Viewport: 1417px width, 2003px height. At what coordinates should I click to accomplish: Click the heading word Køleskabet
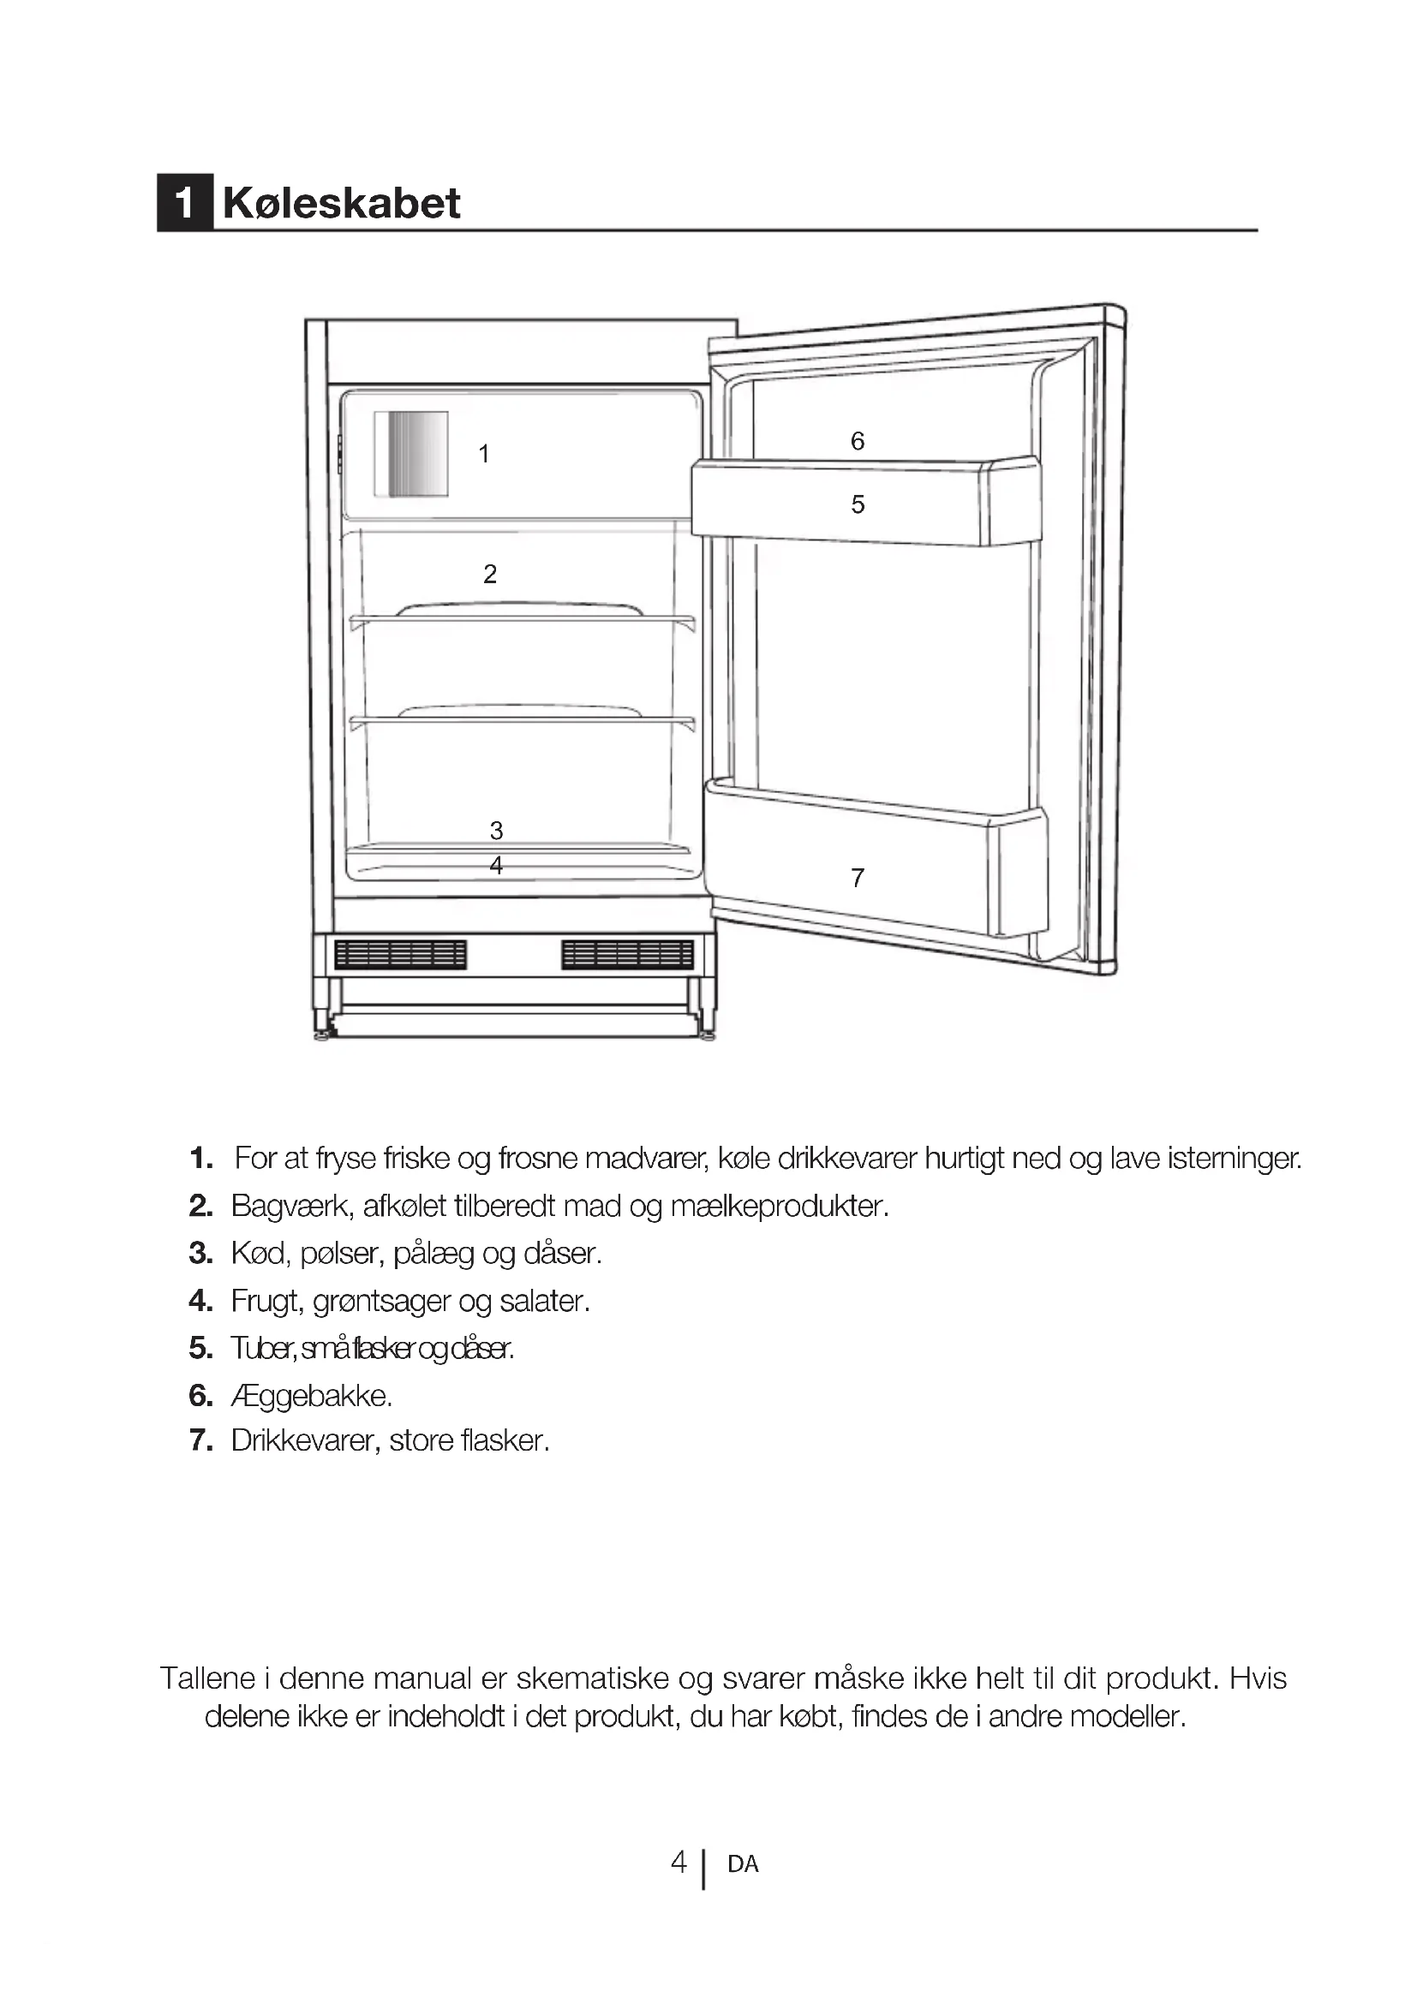tap(341, 203)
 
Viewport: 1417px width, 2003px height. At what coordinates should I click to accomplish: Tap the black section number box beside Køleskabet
tap(184, 203)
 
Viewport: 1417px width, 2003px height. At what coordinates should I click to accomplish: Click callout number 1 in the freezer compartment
tap(484, 454)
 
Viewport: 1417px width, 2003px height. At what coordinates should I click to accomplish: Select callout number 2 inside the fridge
tap(490, 574)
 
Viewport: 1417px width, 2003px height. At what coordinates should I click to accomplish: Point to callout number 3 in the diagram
tap(497, 830)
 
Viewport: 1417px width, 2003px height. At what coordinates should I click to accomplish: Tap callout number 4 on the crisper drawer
tap(497, 866)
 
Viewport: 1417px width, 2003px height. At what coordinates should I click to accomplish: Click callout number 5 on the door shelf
tap(858, 504)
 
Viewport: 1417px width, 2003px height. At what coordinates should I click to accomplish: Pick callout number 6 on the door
tap(858, 441)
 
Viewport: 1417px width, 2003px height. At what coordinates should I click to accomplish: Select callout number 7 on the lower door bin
tap(858, 878)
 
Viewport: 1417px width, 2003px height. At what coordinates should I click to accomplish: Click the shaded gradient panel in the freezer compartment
tap(411, 454)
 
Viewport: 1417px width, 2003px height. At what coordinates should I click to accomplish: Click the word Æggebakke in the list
tap(312, 1396)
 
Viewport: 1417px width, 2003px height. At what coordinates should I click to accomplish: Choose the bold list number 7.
tap(200, 1440)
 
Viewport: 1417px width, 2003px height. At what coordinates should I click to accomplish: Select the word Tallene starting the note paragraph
tap(207, 1678)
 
